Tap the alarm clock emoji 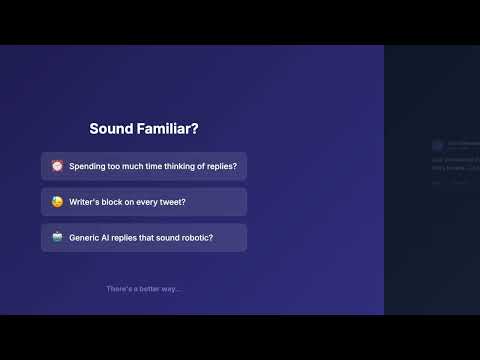click(x=58, y=166)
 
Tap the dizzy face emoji click(x=58, y=202)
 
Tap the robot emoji click(x=58, y=238)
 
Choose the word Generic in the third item click(x=85, y=238)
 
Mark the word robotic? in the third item click(x=196, y=238)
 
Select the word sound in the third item click(x=165, y=238)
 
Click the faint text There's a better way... click(x=144, y=289)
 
